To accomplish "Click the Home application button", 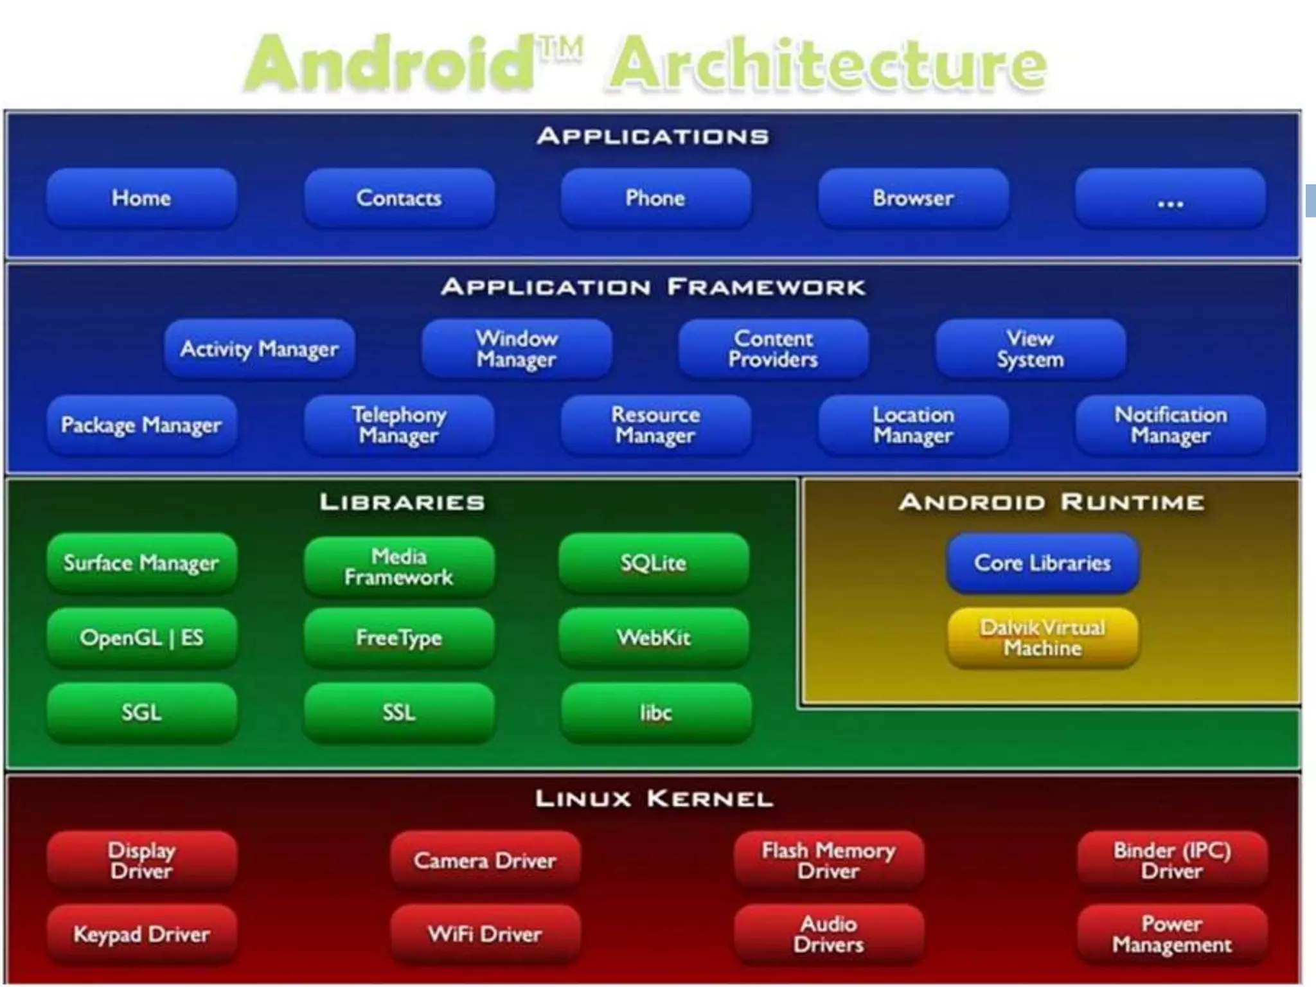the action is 141,198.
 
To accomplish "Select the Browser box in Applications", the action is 913,198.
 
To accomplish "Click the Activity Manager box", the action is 259,349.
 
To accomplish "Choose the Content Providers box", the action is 773,349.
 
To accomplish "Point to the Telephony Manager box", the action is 398,425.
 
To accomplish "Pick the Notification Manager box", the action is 1170,425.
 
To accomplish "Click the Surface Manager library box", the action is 141,564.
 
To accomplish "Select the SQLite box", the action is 654,564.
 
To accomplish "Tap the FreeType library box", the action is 398,638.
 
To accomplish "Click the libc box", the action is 655,713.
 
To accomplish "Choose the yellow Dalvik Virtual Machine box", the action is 1042,638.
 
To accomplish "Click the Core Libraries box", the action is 1042,564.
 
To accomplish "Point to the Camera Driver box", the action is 485,860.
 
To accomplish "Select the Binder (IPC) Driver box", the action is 1172,860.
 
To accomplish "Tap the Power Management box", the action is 1172,934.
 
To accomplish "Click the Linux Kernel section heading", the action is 654,799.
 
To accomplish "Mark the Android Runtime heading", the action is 1051,502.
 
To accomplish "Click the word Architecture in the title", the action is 828,64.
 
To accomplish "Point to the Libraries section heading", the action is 402,502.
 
